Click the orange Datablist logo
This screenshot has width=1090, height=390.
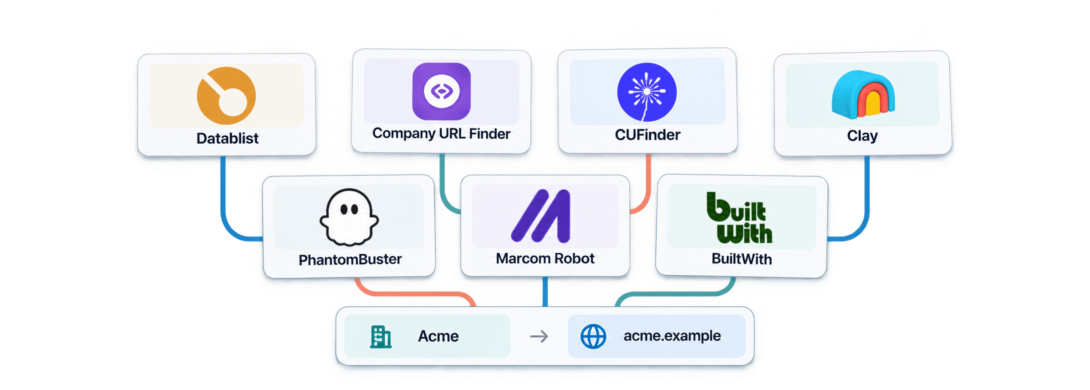[x=226, y=96]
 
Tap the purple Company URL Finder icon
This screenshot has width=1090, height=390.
[x=441, y=92]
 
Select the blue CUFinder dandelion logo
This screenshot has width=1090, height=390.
[x=646, y=92]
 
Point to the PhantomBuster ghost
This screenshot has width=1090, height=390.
[x=349, y=217]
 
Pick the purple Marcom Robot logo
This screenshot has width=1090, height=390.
[x=541, y=216]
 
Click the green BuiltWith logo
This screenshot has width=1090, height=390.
[x=739, y=218]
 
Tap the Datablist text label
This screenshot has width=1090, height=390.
[x=227, y=139]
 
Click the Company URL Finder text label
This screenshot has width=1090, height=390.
[x=441, y=134]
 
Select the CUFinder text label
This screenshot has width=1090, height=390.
[x=648, y=135]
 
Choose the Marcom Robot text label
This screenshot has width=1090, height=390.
[x=545, y=259]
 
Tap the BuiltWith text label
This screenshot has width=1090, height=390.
[x=741, y=259]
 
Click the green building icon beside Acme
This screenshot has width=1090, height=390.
[x=380, y=337]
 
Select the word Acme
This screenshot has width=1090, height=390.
[x=438, y=337]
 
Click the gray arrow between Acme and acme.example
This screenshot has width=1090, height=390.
[x=539, y=337]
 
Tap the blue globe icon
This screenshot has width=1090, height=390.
[x=593, y=337]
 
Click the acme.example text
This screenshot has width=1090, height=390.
[x=672, y=336]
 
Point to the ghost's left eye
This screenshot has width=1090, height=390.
[x=344, y=209]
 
